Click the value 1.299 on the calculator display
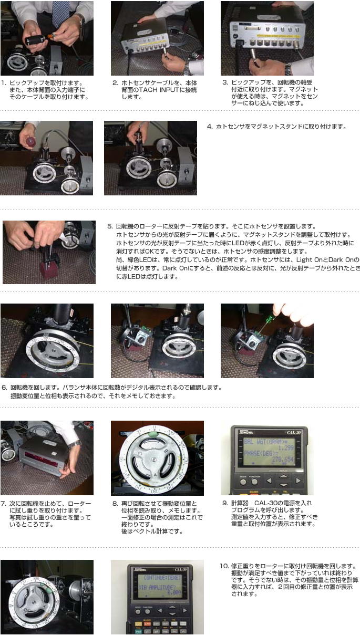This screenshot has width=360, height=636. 285,448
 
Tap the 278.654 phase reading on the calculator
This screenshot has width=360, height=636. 283,460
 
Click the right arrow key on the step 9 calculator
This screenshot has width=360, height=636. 298,481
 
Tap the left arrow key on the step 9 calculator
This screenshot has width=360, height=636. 269,481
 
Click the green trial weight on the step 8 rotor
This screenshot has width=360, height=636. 153,434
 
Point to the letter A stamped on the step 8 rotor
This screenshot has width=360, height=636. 156,475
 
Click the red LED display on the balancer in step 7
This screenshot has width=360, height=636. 42,457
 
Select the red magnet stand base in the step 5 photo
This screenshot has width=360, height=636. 49,270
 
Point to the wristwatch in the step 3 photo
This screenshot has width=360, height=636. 289,69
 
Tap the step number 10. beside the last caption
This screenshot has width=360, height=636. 224,566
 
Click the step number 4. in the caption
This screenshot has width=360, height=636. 210,127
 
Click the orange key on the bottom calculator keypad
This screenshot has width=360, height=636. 138,624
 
